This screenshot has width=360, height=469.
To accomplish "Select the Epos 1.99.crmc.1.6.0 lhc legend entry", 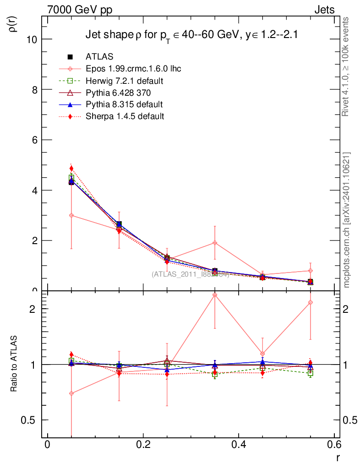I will [x=133, y=69].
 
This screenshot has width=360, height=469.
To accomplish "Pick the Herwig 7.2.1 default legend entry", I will [x=125, y=81].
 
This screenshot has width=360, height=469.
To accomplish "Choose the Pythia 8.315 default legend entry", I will [x=124, y=104].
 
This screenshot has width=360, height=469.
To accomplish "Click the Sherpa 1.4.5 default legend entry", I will [x=125, y=116].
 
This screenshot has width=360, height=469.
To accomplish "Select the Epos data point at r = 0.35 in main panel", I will [x=215, y=243].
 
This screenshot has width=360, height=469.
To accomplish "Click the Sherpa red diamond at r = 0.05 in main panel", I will [x=71, y=169].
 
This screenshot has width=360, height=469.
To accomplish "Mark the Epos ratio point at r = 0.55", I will [x=311, y=302].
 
